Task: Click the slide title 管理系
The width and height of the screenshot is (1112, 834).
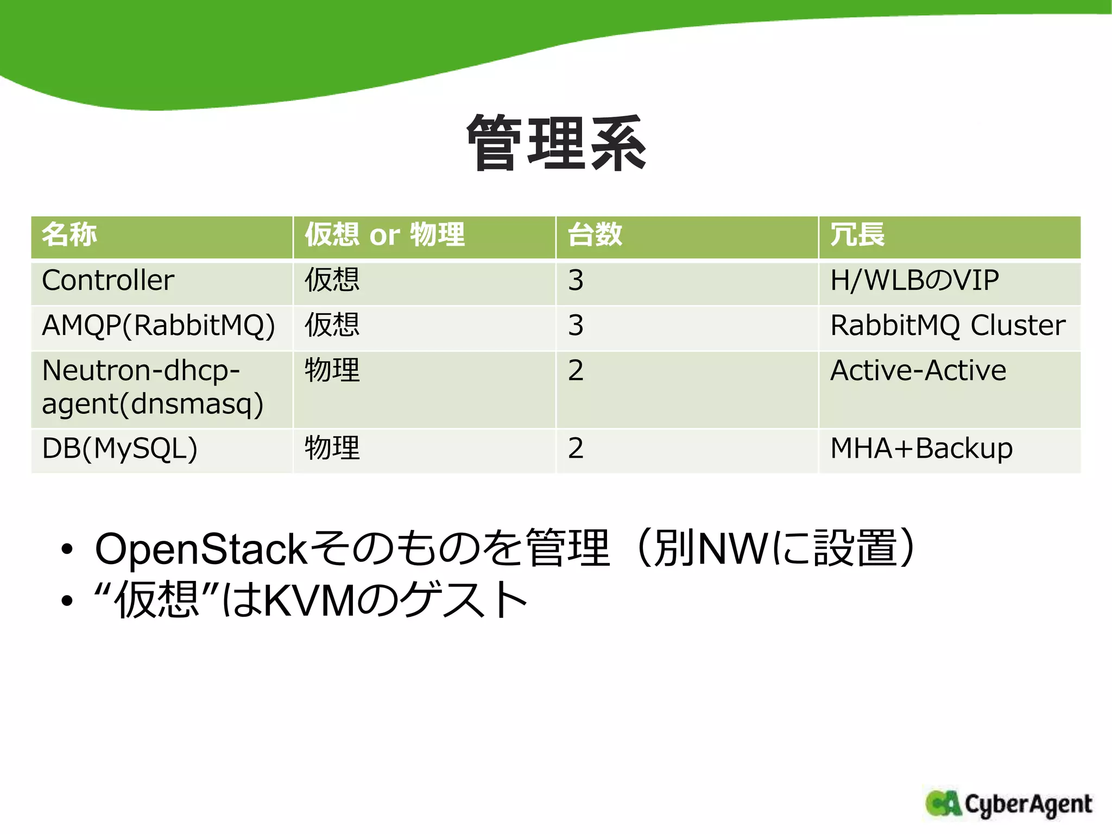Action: (556, 143)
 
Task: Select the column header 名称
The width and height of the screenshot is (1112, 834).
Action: (69, 235)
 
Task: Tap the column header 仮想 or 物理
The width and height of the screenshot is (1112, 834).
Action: (384, 235)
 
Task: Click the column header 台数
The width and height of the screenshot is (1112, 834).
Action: (595, 235)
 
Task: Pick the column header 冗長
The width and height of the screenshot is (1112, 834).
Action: (858, 235)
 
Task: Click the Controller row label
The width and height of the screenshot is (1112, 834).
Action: (108, 281)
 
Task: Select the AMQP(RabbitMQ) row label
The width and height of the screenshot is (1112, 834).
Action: (159, 326)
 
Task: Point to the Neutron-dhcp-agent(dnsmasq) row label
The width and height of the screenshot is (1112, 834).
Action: (153, 387)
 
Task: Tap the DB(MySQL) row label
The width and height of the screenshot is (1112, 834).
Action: (119, 448)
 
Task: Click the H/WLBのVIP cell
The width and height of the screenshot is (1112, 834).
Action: (914, 281)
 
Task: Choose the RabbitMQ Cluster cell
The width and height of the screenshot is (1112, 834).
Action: (948, 326)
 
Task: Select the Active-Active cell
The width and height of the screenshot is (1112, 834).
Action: (918, 371)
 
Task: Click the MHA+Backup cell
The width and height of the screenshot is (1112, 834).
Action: (921, 448)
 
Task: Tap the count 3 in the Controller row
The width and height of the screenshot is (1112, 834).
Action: (576, 281)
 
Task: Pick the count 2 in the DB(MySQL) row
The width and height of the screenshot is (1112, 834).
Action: (576, 448)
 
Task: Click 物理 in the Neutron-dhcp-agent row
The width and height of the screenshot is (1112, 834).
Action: (332, 371)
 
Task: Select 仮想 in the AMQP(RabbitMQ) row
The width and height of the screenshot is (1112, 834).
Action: (332, 326)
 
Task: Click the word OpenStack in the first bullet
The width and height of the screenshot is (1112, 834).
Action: (201, 549)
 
